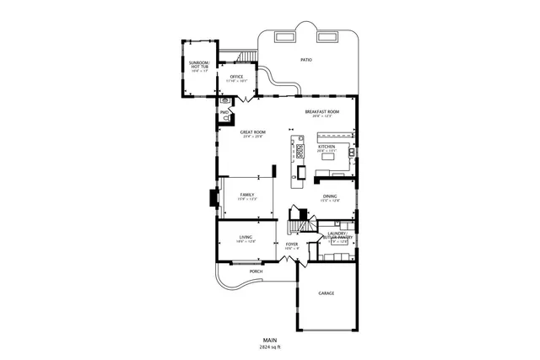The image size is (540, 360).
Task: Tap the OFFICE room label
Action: (236, 77)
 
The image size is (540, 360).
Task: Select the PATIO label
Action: (305, 60)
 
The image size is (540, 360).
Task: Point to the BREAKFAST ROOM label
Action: (322, 111)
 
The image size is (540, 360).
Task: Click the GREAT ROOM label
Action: (252, 132)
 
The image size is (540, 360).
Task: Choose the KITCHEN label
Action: (327, 146)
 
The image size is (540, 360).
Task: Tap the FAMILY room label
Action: (246, 195)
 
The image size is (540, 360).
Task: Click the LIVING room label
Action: (246, 238)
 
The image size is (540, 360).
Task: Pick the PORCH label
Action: (256, 271)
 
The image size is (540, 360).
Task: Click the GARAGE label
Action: (326, 293)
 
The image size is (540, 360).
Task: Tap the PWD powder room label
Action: (224, 112)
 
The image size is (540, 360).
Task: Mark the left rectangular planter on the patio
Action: (285, 36)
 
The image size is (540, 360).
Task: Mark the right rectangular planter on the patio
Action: (326, 36)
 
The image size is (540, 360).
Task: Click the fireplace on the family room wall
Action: (213, 198)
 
